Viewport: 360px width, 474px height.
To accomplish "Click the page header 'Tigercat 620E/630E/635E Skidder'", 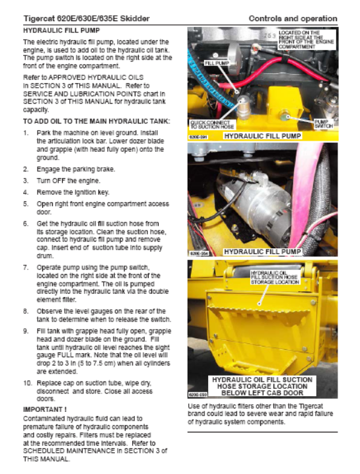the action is [87, 18].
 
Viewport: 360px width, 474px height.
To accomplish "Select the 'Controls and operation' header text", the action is [293, 18].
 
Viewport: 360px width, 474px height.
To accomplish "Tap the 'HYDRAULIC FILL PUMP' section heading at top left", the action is [61, 30].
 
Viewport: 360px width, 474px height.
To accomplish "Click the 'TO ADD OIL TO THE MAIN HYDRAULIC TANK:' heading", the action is [96, 121].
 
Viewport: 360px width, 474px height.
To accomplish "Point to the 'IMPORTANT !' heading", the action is [45, 409].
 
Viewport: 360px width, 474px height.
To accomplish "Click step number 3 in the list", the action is [26, 181].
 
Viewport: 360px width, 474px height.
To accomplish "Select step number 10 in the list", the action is [27, 384].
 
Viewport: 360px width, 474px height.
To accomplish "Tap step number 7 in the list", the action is [26, 267].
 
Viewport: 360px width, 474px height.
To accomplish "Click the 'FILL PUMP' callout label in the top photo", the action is [217, 63].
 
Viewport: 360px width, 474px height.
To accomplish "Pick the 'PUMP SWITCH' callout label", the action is [324, 123].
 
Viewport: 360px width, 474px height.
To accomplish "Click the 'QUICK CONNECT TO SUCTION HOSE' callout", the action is [212, 125].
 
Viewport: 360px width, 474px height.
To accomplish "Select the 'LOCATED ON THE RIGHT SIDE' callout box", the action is [306, 40].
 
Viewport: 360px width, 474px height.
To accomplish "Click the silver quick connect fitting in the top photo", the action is [243, 107].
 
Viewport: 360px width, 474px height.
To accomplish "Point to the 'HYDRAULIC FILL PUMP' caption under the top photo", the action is [262, 136].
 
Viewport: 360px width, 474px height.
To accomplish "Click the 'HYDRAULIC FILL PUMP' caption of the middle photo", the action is [262, 252].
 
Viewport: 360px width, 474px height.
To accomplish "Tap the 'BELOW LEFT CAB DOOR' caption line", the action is [262, 393].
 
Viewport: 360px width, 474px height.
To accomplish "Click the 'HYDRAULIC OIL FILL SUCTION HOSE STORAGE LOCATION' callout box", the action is [275, 277].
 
